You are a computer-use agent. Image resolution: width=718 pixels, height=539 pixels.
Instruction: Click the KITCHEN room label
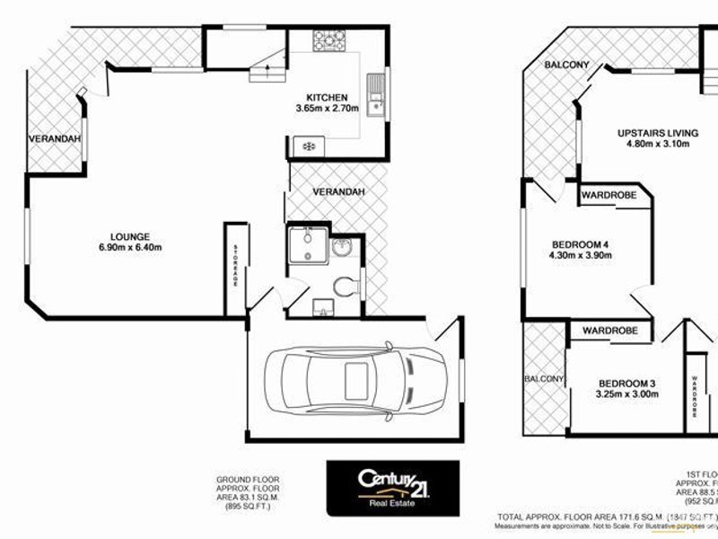(x=327, y=97)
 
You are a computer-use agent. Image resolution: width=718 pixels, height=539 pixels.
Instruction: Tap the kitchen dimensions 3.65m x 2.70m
(x=327, y=109)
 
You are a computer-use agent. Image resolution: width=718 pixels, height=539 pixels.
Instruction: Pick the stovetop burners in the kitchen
(x=329, y=40)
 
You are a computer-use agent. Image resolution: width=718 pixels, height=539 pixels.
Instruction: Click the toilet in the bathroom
(x=344, y=287)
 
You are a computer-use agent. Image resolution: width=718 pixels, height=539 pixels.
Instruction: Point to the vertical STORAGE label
(x=236, y=266)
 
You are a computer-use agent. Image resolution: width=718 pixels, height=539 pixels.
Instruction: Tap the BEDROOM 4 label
(x=579, y=243)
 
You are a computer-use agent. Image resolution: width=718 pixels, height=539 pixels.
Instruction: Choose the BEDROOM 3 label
(x=626, y=381)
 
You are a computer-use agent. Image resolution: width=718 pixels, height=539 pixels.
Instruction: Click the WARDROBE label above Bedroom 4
(x=609, y=194)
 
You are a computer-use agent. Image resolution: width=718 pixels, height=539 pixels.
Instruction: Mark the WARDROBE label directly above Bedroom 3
(x=609, y=331)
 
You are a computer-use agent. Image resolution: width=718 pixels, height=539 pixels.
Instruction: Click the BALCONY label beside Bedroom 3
(x=543, y=379)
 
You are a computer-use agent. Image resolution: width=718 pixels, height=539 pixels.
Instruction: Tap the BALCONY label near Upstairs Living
(x=567, y=65)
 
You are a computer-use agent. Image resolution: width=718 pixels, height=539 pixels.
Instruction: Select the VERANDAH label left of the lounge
(x=55, y=138)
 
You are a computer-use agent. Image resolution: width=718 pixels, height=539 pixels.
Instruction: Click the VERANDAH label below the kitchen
(x=338, y=192)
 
